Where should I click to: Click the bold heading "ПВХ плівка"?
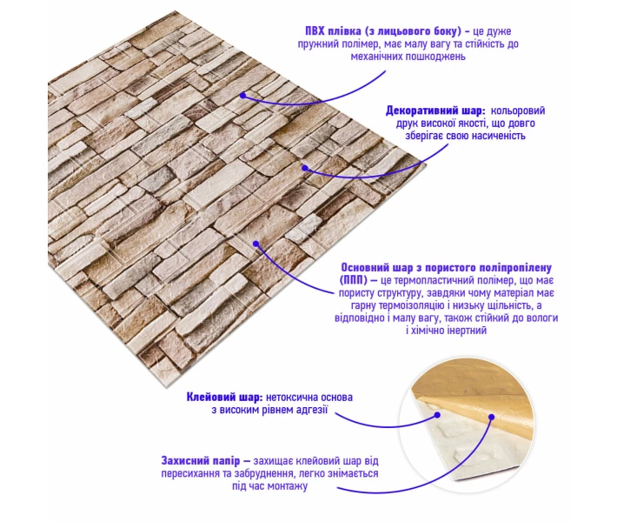[x=330, y=31]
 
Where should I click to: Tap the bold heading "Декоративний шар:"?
[x=435, y=110]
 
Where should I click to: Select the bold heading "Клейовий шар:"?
[x=224, y=397]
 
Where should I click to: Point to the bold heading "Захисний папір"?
[x=200, y=460]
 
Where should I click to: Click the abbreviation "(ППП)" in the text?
[x=353, y=280]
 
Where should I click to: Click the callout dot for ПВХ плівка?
[x=242, y=96]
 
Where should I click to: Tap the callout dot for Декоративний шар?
[x=305, y=168]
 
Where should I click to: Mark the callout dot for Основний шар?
[x=255, y=244]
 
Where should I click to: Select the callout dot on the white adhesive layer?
[x=437, y=414]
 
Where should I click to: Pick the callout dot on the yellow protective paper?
[x=492, y=417]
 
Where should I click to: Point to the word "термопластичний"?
[x=427, y=280]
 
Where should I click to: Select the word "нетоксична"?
[x=291, y=397]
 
